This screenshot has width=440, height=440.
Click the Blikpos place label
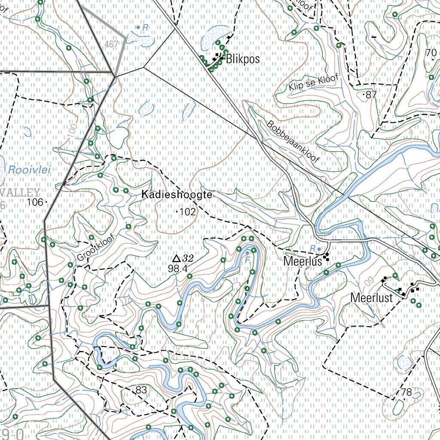[x=243, y=59]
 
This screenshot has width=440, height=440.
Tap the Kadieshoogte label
[x=177, y=195]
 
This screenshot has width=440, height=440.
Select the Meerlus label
[x=302, y=261]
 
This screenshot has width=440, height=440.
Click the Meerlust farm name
[x=372, y=297]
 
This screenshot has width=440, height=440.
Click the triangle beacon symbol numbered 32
[x=176, y=258]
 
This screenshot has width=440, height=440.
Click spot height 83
[x=141, y=390]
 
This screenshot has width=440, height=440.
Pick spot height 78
[x=406, y=392]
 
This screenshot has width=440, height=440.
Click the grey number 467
[x=111, y=44]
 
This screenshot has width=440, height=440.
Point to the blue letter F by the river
[x=247, y=259]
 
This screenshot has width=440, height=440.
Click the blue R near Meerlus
[x=313, y=248]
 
